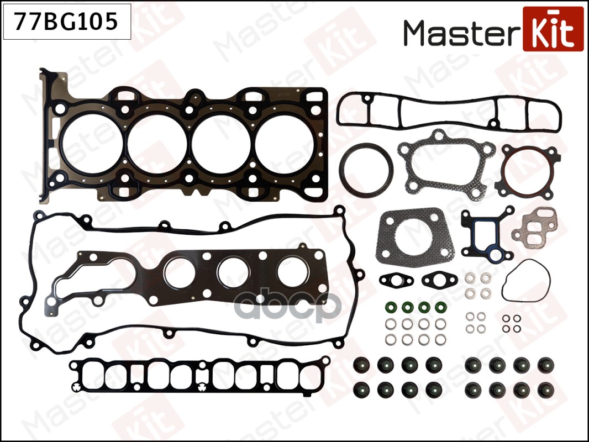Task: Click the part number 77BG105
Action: pos(66,22)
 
